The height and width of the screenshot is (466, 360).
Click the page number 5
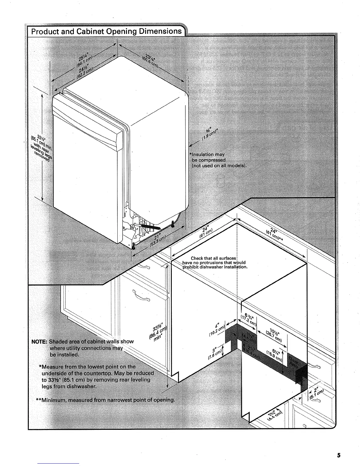[339, 455]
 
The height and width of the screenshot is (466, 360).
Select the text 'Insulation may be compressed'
[209, 157]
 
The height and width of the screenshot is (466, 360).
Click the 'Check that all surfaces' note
[214, 259]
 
